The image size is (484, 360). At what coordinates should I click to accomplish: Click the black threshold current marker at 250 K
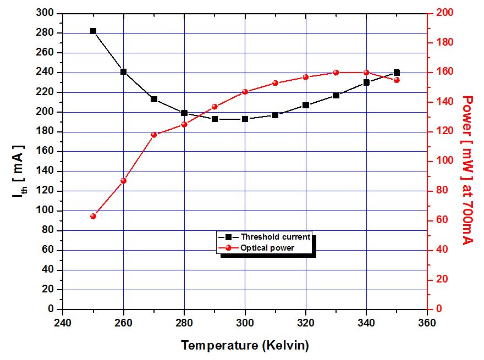coord(93,31)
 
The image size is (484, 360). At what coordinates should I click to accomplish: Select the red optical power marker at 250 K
coord(93,216)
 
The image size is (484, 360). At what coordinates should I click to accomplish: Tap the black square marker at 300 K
coord(245,119)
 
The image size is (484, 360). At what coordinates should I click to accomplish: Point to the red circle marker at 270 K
coord(154,135)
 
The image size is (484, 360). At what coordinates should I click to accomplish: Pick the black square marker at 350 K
coord(397,73)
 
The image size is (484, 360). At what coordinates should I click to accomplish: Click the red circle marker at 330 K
coord(336,73)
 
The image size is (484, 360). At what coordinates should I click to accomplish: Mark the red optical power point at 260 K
coord(124,180)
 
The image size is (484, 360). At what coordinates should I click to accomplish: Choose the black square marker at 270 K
coord(154,99)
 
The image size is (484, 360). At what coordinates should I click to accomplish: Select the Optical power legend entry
coord(267,247)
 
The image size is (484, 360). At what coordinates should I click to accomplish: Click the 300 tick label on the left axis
coord(46,13)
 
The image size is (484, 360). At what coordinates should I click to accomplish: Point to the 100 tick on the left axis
coord(46,211)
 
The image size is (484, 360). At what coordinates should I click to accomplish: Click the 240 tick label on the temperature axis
coord(63,322)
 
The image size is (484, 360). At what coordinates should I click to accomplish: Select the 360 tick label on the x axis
coord(427,322)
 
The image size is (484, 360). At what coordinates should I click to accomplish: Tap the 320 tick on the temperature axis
coord(306,322)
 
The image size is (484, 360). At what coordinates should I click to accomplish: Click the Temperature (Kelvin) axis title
coord(245,346)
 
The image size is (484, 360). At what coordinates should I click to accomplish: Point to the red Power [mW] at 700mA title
coord(468,170)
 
